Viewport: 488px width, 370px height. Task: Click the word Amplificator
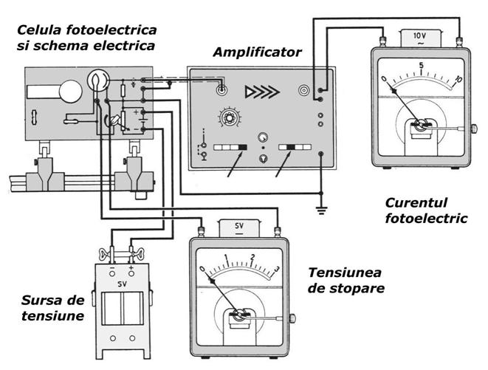tap(257, 52)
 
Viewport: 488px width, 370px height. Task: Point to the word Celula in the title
tap(39, 30)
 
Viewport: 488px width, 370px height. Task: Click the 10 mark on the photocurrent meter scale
tap(458, 79)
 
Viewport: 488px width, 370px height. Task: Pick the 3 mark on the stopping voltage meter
tap(276, 268)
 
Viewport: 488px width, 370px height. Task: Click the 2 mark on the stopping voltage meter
tap(252, 258)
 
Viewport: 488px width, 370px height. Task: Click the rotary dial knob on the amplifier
tap(223, 118)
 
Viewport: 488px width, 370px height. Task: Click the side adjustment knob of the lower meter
tap(292, 318)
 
